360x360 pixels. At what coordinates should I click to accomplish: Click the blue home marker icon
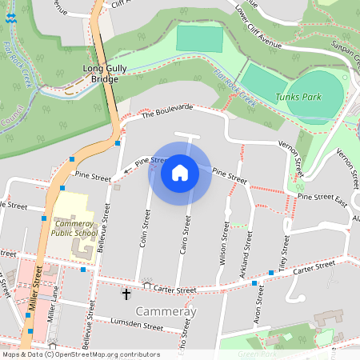(x=180, y=173)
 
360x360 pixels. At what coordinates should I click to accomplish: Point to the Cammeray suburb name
(x=166, y=311)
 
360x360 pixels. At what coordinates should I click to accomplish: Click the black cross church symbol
(x=126, y=294)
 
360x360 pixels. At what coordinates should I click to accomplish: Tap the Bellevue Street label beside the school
(x=102, y=229)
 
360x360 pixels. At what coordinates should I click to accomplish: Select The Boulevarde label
(x=167, y=111)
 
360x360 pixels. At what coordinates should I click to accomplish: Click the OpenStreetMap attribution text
(x=81, y=354)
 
